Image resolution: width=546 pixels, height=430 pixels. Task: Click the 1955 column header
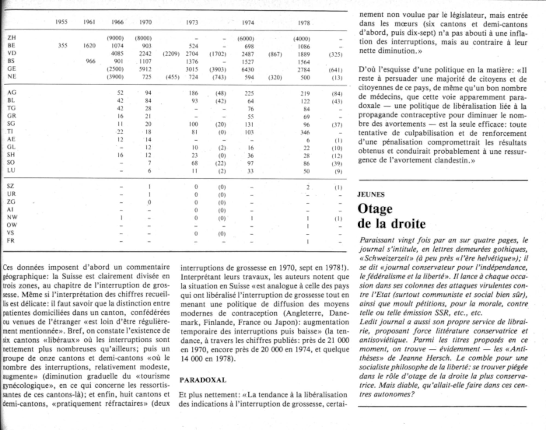click(61, 22)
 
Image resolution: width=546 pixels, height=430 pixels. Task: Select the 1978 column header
click(304, 23)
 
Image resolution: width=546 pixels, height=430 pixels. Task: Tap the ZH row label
click(11, 37)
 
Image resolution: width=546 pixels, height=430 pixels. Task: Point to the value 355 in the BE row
click(63, 45)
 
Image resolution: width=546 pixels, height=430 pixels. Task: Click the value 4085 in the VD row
click(117, 54)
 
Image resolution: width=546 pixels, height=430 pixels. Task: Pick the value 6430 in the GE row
click(248, 70)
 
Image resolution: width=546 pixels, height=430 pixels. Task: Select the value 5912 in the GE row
click(145, 69)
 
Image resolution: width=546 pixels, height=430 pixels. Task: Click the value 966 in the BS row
click(90, 61)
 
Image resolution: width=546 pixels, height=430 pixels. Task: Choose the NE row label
click(12, 76)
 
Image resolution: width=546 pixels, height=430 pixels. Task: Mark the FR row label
click(11, 241)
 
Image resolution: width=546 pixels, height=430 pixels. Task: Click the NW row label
click(12, 217)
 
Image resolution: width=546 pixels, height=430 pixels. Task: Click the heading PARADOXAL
click(203, 380)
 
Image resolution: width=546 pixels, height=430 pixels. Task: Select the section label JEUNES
click(371, 194)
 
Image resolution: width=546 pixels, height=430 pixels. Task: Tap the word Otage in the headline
click(375, 209)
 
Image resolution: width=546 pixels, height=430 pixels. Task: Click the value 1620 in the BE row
click(89, 46)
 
